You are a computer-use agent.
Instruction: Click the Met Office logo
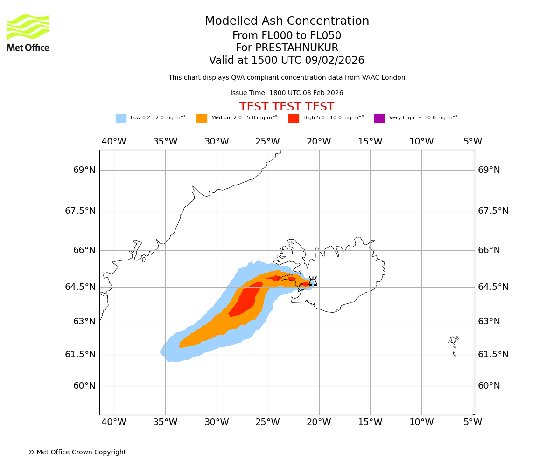point(28,33)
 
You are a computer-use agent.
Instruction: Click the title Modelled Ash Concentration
point(287,21)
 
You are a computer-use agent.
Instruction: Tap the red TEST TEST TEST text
point(287,107)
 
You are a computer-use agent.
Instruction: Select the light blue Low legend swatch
point(121,118)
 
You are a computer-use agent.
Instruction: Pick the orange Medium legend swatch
point(202,118)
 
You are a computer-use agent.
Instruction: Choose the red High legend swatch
point(294,118)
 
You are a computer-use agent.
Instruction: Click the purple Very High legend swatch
point(379,118)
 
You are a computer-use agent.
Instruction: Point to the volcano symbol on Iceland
point(313,281)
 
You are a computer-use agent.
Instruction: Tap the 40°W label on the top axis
point(114,142)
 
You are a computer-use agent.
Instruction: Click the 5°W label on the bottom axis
point(473,422)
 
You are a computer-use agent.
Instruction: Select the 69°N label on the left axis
point(84,170)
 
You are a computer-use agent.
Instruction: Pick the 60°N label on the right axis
point(489,386)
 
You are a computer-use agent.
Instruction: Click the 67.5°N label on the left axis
point(80,211)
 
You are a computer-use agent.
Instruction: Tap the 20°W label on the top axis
point(319,142)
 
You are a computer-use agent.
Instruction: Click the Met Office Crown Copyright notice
point(77,452)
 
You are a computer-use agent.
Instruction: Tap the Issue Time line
point(287,93)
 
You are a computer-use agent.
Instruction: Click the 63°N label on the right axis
point(489,322)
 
